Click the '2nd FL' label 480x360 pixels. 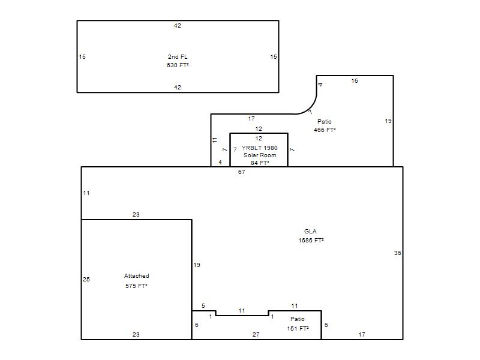click(178, 56)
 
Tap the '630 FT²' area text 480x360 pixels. click(178, 65)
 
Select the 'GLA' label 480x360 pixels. click(310, 232)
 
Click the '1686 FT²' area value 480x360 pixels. click(311, 241)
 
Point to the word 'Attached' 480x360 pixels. click(137, 276)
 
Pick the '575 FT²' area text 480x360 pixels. click(137, 286)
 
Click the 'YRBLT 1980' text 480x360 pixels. click(260, 148)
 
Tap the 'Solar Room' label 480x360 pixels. click(260, 155)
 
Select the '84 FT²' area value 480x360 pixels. click(260, 163)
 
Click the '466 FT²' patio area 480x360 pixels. click(325, 130)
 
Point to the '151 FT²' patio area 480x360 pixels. click(298, 328)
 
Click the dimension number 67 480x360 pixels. click(242, 172)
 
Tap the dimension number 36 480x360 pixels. click(397, 253)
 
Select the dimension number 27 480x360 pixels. click(256, 335)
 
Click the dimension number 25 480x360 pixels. click(86, 279)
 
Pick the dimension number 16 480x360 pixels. click(355, 81)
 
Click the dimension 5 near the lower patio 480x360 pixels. click(203, 306)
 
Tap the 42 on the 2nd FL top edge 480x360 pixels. click(178, 26)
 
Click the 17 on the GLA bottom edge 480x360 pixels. click(362, 335)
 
